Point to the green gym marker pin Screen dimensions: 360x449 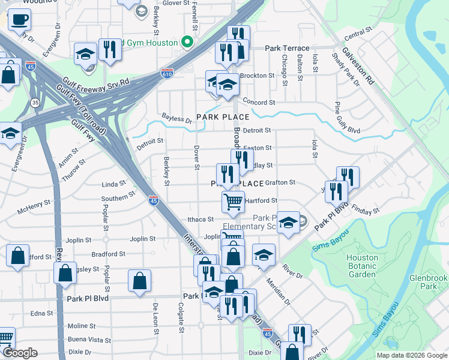(x=187, y=43)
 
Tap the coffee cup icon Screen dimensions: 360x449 (x=19, y=19)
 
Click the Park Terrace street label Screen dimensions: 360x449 (x=288, y=48)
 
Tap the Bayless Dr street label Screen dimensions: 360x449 (x=176, y=119)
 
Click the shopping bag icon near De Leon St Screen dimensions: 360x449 (x=139, y=280)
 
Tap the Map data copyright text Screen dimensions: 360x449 (x=411, y=355)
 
